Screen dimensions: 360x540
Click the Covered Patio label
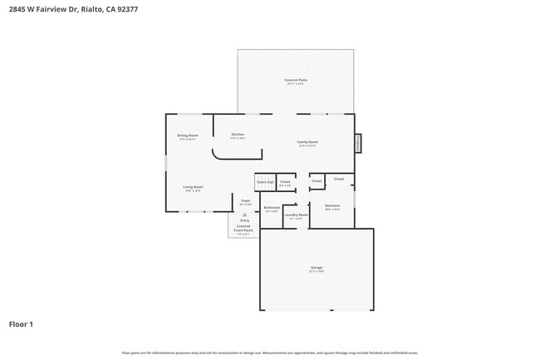(x=296, y=81)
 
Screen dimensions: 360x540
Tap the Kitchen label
(x=237, y=136)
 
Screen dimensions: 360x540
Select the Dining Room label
(x=188, y=136)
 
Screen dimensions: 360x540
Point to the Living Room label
(x=194, y=188)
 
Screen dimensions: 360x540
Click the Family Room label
(x=307, y=143)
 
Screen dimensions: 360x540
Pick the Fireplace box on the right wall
(x=358, y=143)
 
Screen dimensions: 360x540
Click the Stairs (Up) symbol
(x=265, y=182)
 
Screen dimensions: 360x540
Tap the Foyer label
(x=245, y=201)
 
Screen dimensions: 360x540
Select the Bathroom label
(x=272, y=209)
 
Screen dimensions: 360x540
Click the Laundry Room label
(x=297, y=215)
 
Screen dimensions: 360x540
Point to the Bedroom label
(x=332, y=206)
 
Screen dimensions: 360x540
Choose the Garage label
(x=317, y=269)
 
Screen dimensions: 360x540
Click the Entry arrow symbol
(x=244, y=215)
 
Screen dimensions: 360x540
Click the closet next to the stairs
(x=285, y=182)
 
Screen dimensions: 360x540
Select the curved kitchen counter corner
(x=218, y=154)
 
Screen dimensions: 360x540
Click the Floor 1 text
(x=21, y=324)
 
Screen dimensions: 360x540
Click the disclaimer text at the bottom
(x=270, y=353)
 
